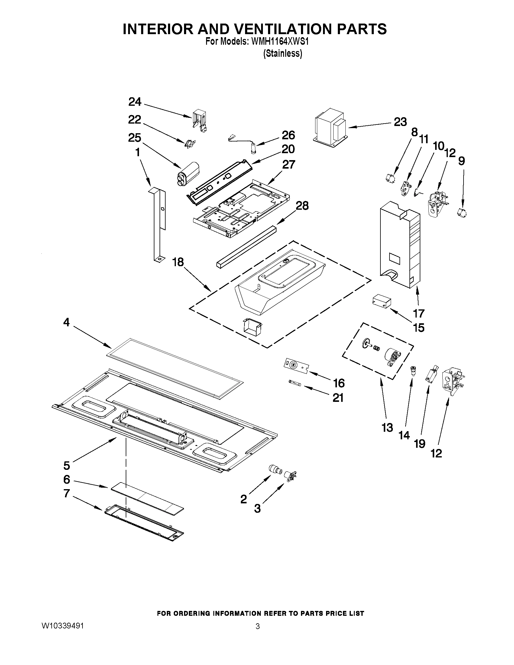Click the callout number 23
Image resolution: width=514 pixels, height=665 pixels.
pyautogui.click(x=400, y=122)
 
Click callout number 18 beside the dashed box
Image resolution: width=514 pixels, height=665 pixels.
pyautogui.click(x=178, y=262)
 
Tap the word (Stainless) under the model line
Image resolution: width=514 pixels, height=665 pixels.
pyautogui.click(x=283, y=53)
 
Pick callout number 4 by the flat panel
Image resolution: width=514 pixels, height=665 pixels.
pyautogui.click(x=66, y=322)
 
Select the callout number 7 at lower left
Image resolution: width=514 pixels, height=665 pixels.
pyautogui.click(x=67, y=494)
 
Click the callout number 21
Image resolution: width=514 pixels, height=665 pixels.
pyautogui.click(x=338, y=398)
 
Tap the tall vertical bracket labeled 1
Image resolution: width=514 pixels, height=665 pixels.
pyautogui.click(x=159, y=224)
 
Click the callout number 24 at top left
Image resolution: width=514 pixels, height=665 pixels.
pyautogui.click(x=135, y=102)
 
